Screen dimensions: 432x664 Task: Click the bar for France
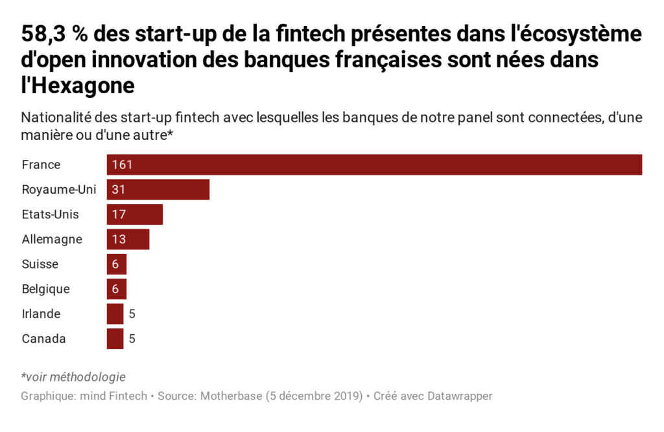pos(374,165)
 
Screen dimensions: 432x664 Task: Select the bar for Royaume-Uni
pos(158,190)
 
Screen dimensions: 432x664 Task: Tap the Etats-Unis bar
pos(135,214)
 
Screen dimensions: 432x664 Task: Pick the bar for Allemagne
pos(128,239)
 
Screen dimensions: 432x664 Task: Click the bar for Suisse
pos(117,264)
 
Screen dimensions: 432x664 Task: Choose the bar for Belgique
pos(117,289)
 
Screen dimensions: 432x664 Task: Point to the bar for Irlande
pos(115,313)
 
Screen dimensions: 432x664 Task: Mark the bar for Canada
pos(115,339)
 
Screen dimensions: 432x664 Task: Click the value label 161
pos(122,165)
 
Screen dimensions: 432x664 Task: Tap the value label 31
pos(118,190)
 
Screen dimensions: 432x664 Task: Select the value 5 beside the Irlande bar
pos(132,314)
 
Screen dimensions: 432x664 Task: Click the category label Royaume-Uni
pos(58,190)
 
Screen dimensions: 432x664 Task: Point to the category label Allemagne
pos(52,239)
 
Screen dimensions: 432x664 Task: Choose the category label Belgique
pos(45,289)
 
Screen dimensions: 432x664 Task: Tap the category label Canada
pos(43,339)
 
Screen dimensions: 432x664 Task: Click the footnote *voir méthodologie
pos(73,377)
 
